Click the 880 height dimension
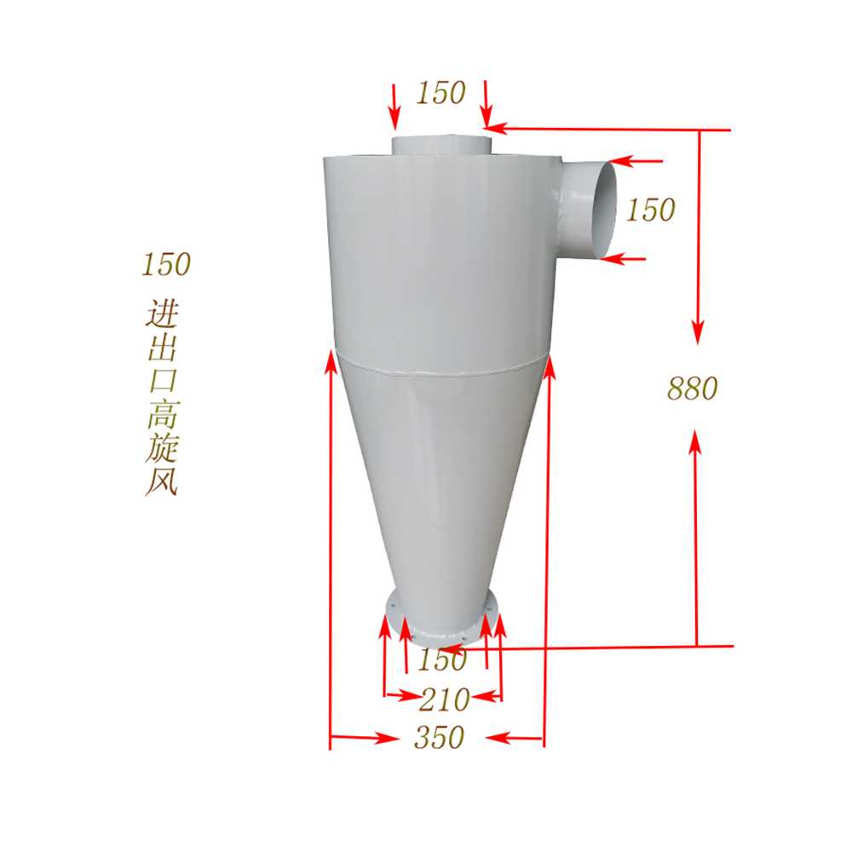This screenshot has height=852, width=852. point(692,389)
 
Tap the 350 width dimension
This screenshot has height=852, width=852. point(439,737)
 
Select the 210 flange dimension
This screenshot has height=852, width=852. point(445,699)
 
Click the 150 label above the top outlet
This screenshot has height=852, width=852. point(440,92)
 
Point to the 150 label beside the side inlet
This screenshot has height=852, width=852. point(650,210)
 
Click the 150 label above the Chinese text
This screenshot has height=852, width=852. point(166,265)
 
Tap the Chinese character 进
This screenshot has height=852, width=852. point(163,314)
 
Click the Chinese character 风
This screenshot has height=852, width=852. point(162,481)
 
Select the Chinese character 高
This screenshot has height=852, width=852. point(163,415)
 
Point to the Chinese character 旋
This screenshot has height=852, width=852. point(163,448)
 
